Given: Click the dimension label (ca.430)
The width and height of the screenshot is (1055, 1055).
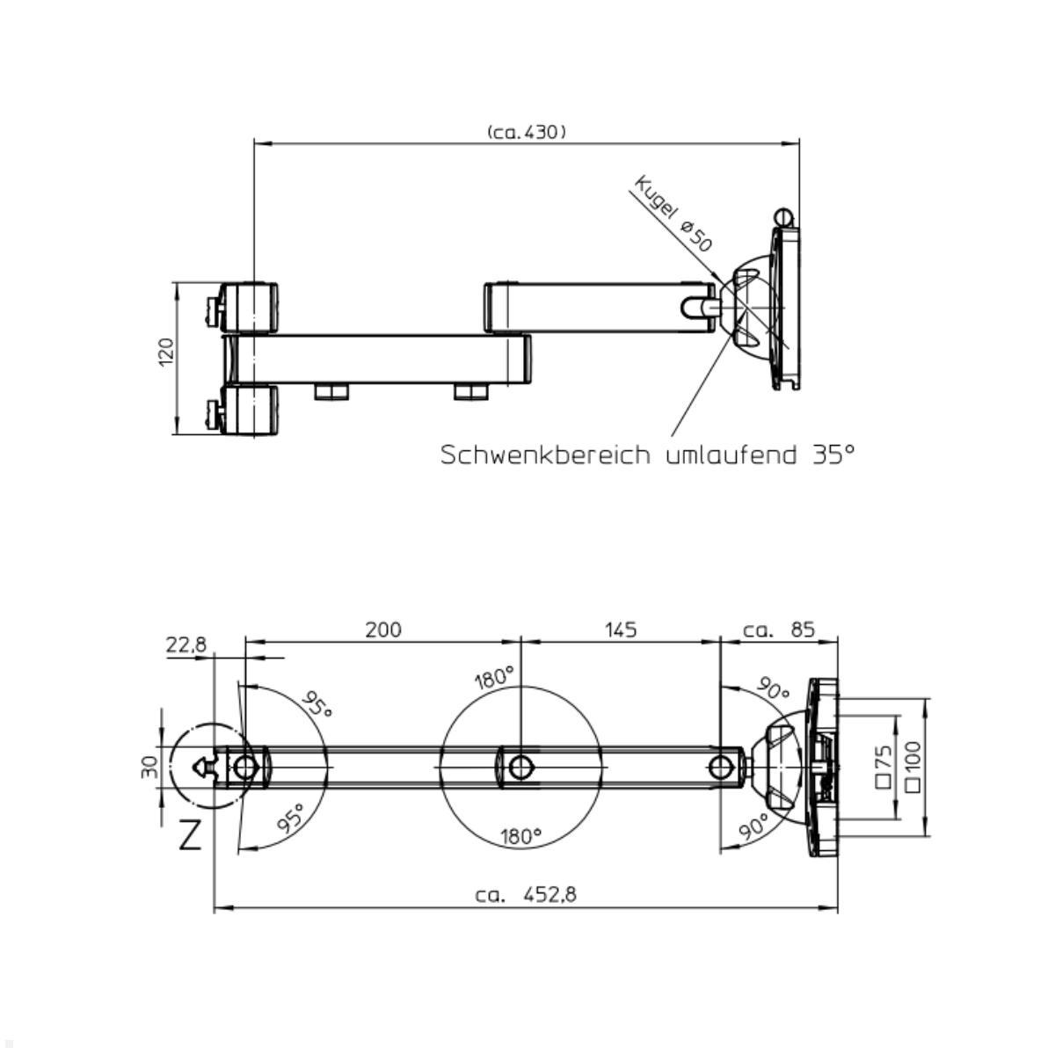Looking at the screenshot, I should click(x=526, y=132).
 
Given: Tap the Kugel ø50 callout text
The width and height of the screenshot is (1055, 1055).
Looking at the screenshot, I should click(x=673, y=214).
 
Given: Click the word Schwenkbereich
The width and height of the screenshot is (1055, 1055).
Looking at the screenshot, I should click(x=546, y=455).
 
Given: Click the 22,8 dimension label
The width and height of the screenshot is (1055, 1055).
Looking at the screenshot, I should click(x=186, y=644).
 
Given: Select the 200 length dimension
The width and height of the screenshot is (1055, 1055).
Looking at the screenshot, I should click(x=383, y=629).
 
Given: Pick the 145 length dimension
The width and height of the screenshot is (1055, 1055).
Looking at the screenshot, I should click(x=621, y=629).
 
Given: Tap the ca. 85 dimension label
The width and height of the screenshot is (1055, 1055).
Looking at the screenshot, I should click(x=779, y=629).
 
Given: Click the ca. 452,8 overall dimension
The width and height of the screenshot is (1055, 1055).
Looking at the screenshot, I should click(x=526, y=894).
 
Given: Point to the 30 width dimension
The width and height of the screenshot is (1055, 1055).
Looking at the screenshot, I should click(x=149, y=767).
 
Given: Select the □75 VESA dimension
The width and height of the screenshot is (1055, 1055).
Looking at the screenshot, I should click(x=884, y=764).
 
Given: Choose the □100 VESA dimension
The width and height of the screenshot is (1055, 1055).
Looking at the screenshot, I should click(x=913, y=764).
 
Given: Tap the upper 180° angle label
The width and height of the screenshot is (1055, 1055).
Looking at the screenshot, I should click(x=493, y=678).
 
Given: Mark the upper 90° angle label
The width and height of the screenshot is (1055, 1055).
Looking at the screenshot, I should click(x=774, y=691).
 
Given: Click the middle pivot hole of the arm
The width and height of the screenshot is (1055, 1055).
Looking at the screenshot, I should click(x=520, y=767).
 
